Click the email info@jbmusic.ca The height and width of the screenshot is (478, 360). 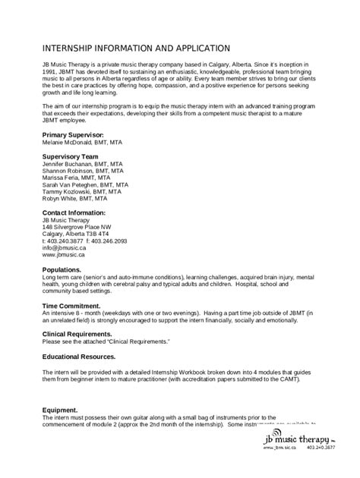pos(62,248)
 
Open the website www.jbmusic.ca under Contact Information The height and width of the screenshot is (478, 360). pos(62,256)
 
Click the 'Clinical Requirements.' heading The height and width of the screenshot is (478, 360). pos(80,334)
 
